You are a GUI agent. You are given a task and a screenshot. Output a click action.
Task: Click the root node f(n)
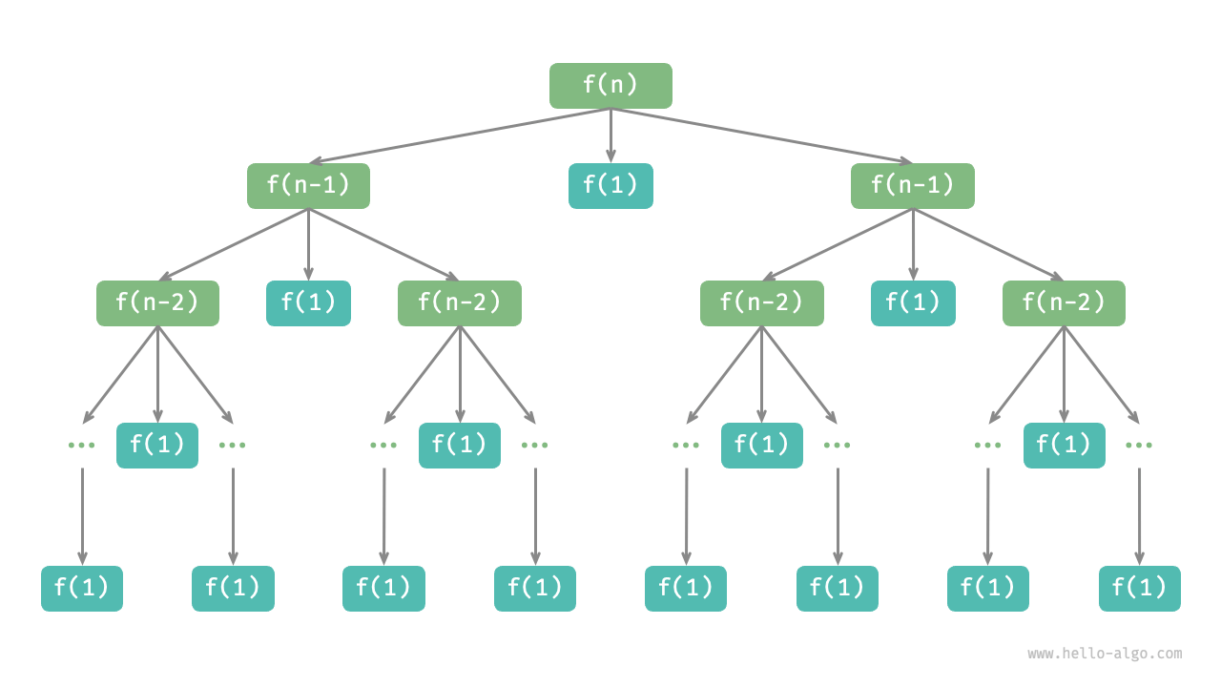coord(610,86)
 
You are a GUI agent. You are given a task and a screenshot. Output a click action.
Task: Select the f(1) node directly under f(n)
coord(610,186)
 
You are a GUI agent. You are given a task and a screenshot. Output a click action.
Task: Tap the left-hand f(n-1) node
coord(308,186)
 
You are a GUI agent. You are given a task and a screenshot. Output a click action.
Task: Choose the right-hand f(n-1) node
coord(913,186)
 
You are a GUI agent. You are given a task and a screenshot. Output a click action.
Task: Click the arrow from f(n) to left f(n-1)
coord(458,135)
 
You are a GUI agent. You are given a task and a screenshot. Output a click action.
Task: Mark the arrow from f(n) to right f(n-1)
coord(763,135)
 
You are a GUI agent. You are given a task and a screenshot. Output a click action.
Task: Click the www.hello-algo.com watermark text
coord(1105,654)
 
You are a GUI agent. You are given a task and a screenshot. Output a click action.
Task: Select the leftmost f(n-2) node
coord(157,303)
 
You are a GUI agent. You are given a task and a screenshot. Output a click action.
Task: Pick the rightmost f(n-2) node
coord(1064,303)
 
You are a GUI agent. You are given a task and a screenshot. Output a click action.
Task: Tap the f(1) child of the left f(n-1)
coord(308,303)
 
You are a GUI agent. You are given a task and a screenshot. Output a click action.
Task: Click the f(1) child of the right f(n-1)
coord(913,303)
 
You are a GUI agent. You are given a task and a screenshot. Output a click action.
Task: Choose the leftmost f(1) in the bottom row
coord(82,589)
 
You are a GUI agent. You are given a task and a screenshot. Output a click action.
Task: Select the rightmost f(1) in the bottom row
coord(1139,589)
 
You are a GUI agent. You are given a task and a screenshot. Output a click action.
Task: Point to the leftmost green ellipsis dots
coord(82,446)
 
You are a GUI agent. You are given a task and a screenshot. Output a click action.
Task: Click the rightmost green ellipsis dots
coord(1139,446)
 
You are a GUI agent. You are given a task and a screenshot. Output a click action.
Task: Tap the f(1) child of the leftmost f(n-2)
coord(157,446)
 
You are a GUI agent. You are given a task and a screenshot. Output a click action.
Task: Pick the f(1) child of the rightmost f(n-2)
coord(1064,446)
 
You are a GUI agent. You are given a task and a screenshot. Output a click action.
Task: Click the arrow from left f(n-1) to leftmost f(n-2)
coord(234,244)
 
